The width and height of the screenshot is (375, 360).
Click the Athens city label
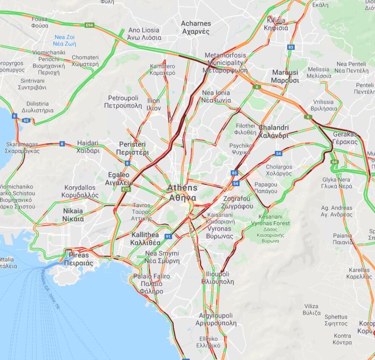coord(182,193)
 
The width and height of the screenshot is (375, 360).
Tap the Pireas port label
coord(78,259)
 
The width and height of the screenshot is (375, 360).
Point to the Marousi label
coord(285,76)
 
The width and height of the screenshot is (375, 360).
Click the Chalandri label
coord(274,132)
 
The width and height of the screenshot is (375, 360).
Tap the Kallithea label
coord(145,239)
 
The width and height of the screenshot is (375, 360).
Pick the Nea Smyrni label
coord(162,257)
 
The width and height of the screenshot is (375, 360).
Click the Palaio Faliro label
coord(151,284)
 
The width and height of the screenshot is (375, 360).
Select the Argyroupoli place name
coord(216,319)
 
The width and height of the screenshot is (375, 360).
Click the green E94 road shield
coord(89,25)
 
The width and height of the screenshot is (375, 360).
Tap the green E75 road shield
coord(126,189)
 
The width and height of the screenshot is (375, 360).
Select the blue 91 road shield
coord(168,236)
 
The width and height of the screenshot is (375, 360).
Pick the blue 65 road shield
coord(26,121)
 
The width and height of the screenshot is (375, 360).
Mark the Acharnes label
coord(196,27)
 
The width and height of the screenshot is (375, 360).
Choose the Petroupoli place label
coord(123,102)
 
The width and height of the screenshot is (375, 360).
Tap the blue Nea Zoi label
coord(64,40)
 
